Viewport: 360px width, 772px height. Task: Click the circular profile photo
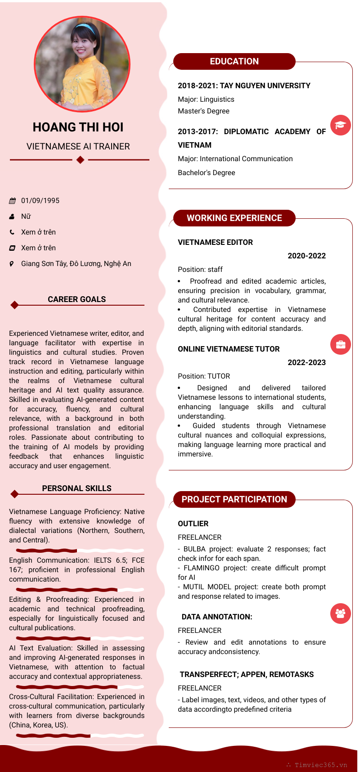tap(82, 64)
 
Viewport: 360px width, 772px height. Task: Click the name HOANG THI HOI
tap(78, 127)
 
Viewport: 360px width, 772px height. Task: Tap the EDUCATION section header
tap(234, 61)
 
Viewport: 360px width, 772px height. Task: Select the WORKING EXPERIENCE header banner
tap(234, 218)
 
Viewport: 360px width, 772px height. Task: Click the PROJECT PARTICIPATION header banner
tap(234, 499)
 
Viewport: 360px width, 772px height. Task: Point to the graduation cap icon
tap(341, 125)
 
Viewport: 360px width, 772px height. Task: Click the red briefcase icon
tap(341, 344)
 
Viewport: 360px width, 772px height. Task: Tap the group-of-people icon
tap(341, 613)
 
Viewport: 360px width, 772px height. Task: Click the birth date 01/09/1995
tap(40, 201)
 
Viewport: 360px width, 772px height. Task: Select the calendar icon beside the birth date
tap(12, 201)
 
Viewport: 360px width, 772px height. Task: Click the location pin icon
tap(12, 264)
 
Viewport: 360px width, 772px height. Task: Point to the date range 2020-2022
tap(306, 256)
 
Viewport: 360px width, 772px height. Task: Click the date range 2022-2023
tap(306, 362)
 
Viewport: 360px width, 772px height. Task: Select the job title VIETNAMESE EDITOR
tap(215, 242)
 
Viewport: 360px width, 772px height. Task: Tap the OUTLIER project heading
tap(193, 524)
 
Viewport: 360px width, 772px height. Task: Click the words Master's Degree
tap(203, 111)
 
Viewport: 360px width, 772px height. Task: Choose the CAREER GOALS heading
tap(76, 299)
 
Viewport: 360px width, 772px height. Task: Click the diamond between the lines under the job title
tap(80, 159)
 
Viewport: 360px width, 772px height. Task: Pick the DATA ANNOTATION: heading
tap(217, 617)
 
